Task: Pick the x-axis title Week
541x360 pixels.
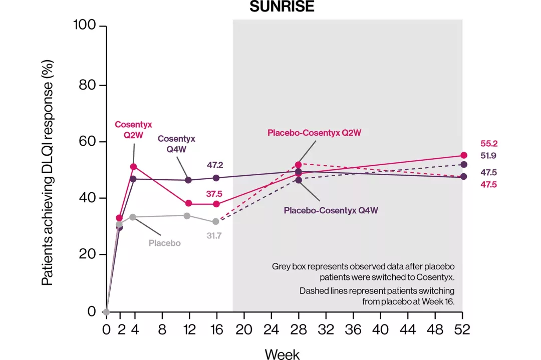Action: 282,354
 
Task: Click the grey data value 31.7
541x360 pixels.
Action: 214,235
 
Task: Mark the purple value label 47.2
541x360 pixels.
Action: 216,165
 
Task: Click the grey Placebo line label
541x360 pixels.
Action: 164,243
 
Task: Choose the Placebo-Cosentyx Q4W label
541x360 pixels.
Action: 331,210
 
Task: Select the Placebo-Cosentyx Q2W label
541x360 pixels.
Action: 314,133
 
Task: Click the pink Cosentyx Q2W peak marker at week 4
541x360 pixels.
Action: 133,166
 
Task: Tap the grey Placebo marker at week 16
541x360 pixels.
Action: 216,221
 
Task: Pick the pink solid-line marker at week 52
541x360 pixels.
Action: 463,155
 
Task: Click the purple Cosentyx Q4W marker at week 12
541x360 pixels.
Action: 188,180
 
